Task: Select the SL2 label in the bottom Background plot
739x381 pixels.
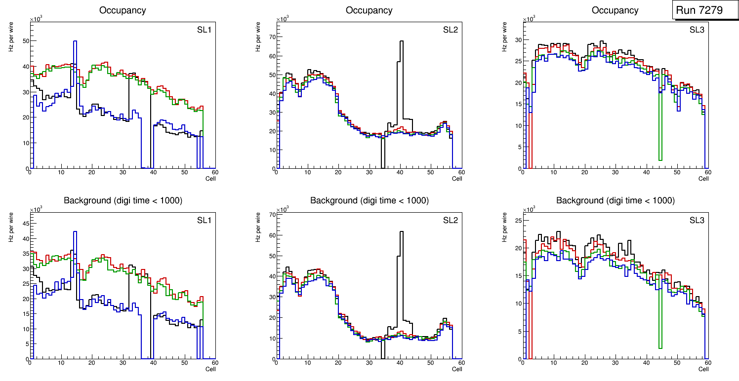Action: [x=451, y=220]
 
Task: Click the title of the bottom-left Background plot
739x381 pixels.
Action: [x=123, y=200]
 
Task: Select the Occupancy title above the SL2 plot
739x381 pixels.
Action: [x=369, y=10]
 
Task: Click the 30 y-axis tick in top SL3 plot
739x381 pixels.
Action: [x=517, y=41]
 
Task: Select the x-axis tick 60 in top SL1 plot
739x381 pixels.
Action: [x=215, y=172]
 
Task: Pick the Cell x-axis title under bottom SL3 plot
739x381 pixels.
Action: [x=703, y=369]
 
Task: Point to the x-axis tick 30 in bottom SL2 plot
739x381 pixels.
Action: [x=369, y=363]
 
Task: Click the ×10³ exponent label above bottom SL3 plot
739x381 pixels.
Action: [x=528, y=210]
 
